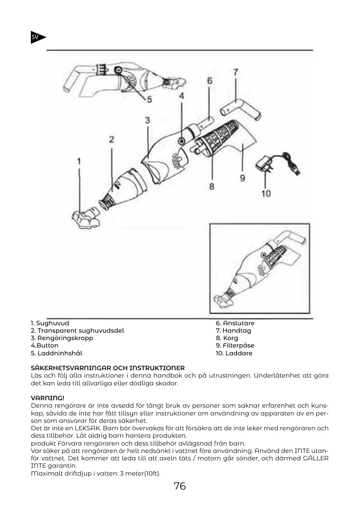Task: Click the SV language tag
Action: pyautogui.click(x=36, y=37)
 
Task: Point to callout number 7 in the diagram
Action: pyautogui.click(x=235, y=72)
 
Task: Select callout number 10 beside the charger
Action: pyautogui.click(x=266, y=193)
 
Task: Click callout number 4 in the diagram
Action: pyautogui.click(x=181, y=96)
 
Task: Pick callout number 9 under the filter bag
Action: pyautogui.click(x=242, y=178)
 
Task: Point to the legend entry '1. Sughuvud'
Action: pyautogui.click(x=50, y=323)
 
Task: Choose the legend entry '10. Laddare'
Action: pyautogui.click(x=234, y=353)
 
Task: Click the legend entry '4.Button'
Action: pyautogui.click(x=45, y=345)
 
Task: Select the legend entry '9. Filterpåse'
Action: pyautogui.click(x=235, y=345)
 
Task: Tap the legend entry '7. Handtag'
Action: pyautogui.click(x=233, y=331)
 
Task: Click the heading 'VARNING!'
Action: pyautogui.click(x=48, y=398)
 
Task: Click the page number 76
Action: pyautogui.click(x=180, y=486)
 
